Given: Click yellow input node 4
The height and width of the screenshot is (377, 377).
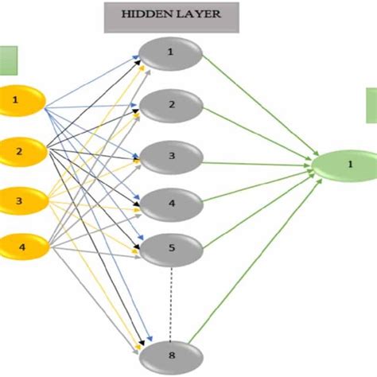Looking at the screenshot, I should coord(21,247).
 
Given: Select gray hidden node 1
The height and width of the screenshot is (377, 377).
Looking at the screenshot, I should coord(170,53).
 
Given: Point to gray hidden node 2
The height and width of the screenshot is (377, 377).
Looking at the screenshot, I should coord(170,104).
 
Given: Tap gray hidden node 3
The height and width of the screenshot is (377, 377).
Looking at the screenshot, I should coord(170,154).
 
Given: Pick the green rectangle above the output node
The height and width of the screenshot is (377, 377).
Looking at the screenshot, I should coord(371,106).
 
